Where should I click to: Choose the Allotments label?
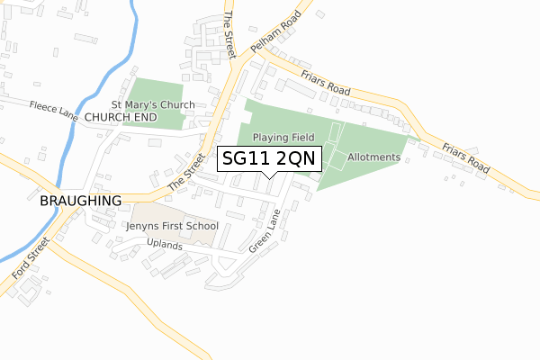point(373,157)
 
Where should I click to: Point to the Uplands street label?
point(164,246)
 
